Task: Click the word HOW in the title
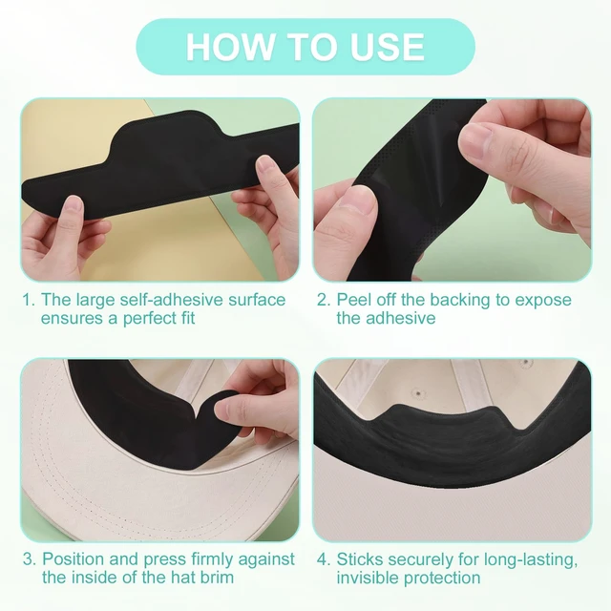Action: tap(230, 47)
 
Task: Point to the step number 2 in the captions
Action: tap(324, 300)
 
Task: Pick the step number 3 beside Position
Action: tap(29, 559)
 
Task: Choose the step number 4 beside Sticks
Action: tap(324, 559)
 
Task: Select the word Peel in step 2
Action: tap(352, 300)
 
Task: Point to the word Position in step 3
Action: tap(73, 559)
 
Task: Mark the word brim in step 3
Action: tap(217, 578)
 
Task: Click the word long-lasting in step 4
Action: tap(531, 560)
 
